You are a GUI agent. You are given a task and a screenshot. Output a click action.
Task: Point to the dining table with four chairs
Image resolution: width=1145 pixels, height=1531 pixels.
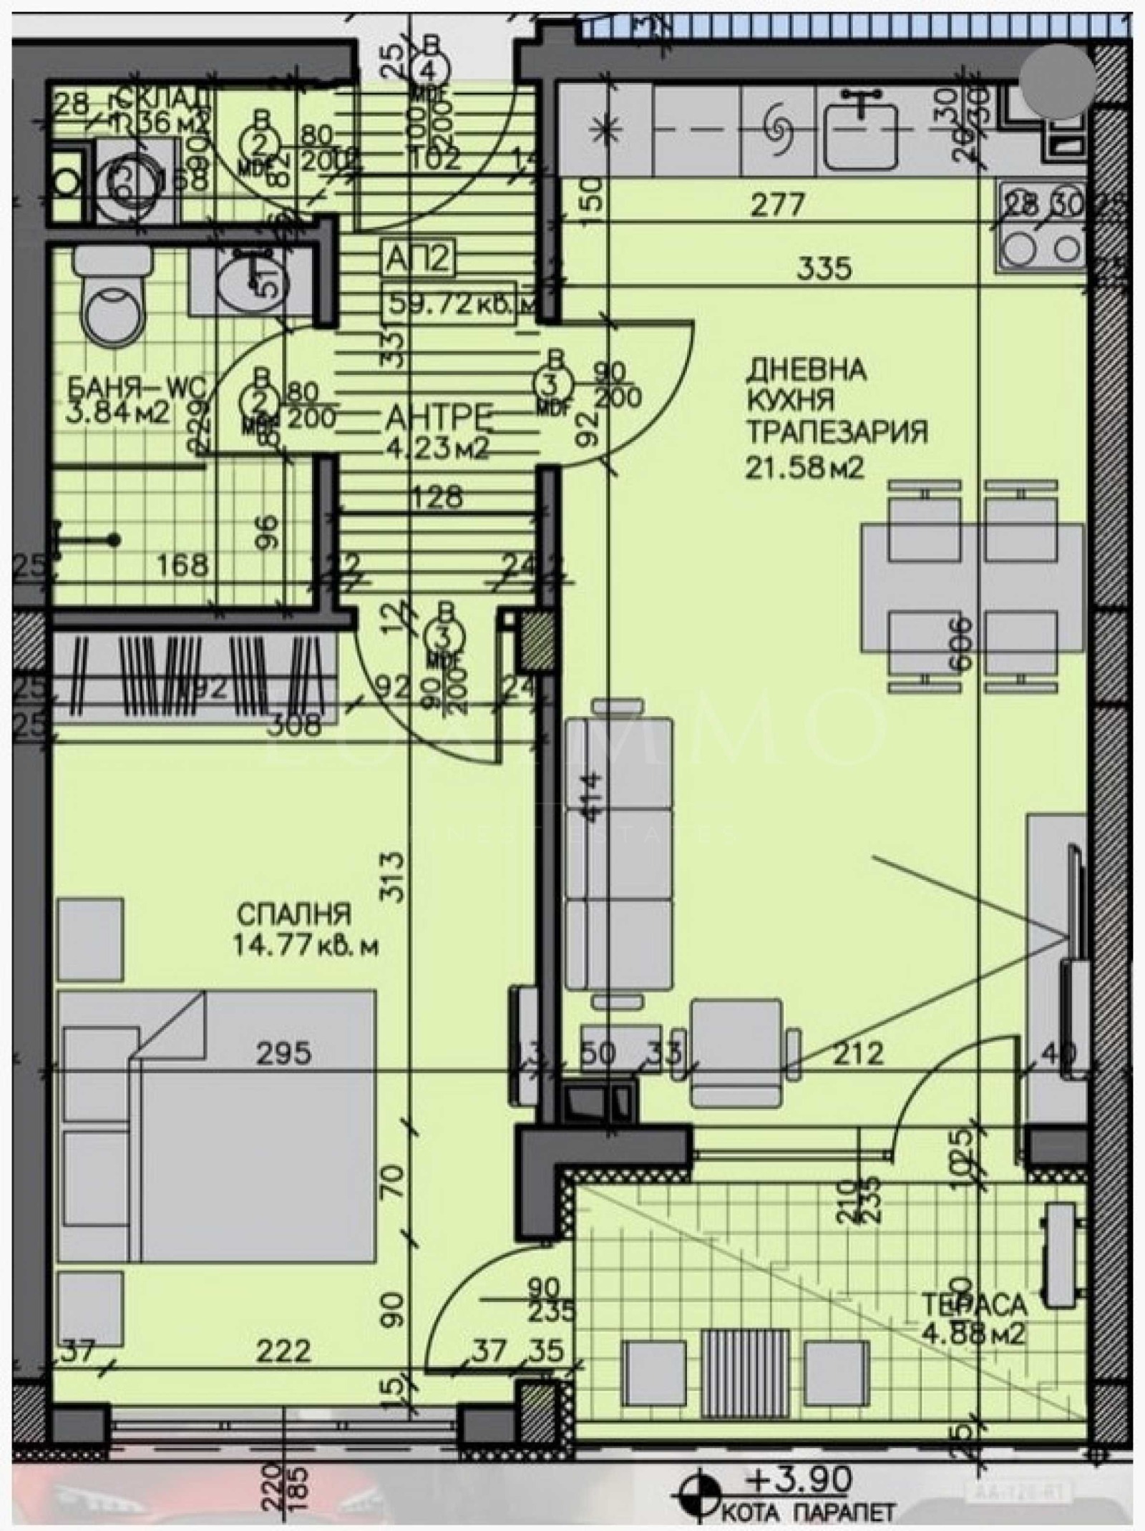973,586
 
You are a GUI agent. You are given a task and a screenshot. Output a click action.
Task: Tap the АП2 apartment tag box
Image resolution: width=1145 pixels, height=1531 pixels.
419,260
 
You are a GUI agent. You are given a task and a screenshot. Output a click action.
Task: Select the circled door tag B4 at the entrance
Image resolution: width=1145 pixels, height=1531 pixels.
432,68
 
